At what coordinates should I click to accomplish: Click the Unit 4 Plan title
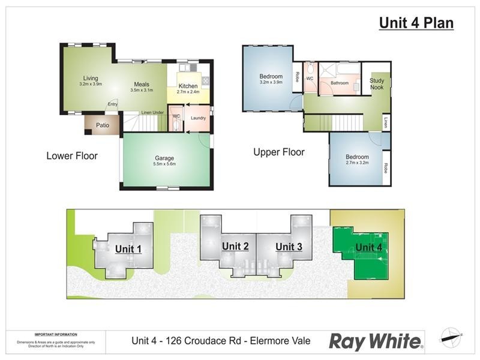point(416,23)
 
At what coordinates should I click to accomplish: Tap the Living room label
point(91,78)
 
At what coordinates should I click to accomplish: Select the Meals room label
point(141,84)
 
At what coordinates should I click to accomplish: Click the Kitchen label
point(187,86)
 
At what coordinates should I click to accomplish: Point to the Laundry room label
point(198,118)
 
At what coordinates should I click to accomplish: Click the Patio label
point(103,125)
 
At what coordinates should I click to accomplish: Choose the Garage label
point(165,158)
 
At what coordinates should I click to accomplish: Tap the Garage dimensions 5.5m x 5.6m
point(165,164)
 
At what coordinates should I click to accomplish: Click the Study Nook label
point(377,84)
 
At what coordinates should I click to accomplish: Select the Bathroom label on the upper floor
point(340,83)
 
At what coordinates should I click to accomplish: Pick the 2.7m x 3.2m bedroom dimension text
point(357,163)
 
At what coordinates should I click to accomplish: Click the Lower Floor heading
point(72,156)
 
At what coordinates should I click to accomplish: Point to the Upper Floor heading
point(279,152)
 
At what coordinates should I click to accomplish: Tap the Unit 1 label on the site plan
point(128,249)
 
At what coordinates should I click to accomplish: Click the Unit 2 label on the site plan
point(235,246)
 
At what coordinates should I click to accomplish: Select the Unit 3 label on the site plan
point(288,247)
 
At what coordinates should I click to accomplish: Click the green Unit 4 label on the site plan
point(368,247)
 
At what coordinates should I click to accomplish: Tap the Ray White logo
point(376,341)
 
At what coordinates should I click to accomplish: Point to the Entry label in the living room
point(112,104)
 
